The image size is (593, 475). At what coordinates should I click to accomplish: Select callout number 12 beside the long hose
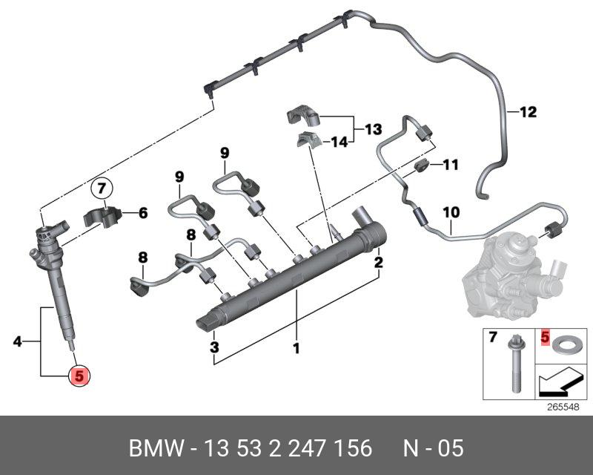pos(527,113)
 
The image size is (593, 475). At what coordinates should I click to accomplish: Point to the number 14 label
pos(338,141)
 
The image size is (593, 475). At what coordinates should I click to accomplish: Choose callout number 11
pos(451,164)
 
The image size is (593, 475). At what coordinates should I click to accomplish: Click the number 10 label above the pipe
pos(451,212)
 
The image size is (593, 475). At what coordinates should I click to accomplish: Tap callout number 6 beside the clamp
pos(142,214)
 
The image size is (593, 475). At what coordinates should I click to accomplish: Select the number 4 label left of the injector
pos(18,342)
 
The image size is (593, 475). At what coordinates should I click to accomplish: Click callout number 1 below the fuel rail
pos(296,347)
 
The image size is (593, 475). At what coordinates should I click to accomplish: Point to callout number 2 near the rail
pos(378,262)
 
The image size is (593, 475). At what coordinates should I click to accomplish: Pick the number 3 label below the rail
pos(214,347)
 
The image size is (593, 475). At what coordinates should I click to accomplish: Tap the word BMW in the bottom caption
pos(154,449)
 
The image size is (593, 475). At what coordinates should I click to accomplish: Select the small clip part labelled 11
pos(422,165)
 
